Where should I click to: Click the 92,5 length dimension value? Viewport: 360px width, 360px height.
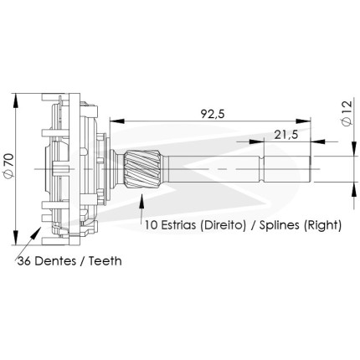[x=213, y=114]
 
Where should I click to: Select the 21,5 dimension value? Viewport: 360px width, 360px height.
[x=286, y=135]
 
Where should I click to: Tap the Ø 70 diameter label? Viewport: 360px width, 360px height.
[x=8, y=165]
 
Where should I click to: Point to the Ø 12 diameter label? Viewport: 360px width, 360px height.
[x=347, y=113]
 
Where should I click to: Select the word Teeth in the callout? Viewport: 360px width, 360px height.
[x=105, y=261]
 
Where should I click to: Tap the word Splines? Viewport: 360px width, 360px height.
[x=280, y=225]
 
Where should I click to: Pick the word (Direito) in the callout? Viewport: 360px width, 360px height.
[x=224, y=225]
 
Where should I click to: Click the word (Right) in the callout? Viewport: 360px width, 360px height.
[x=322, y=225]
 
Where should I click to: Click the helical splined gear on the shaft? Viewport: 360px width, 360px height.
[x=142, y=169]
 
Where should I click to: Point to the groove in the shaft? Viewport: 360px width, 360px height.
[x=262, y=169]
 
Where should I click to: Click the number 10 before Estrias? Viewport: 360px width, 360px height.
[x=151, y=225]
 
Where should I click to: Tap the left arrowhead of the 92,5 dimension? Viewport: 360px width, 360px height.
[x=117, y=121]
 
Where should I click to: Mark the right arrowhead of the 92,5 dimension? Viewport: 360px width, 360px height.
[x=303, y=121]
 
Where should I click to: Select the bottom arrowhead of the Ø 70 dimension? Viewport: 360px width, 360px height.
[x=16, y=238]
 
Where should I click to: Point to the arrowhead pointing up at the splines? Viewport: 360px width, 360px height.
[x=142, y=201]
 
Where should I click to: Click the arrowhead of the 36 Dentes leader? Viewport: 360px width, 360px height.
[x=36, y=233]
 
